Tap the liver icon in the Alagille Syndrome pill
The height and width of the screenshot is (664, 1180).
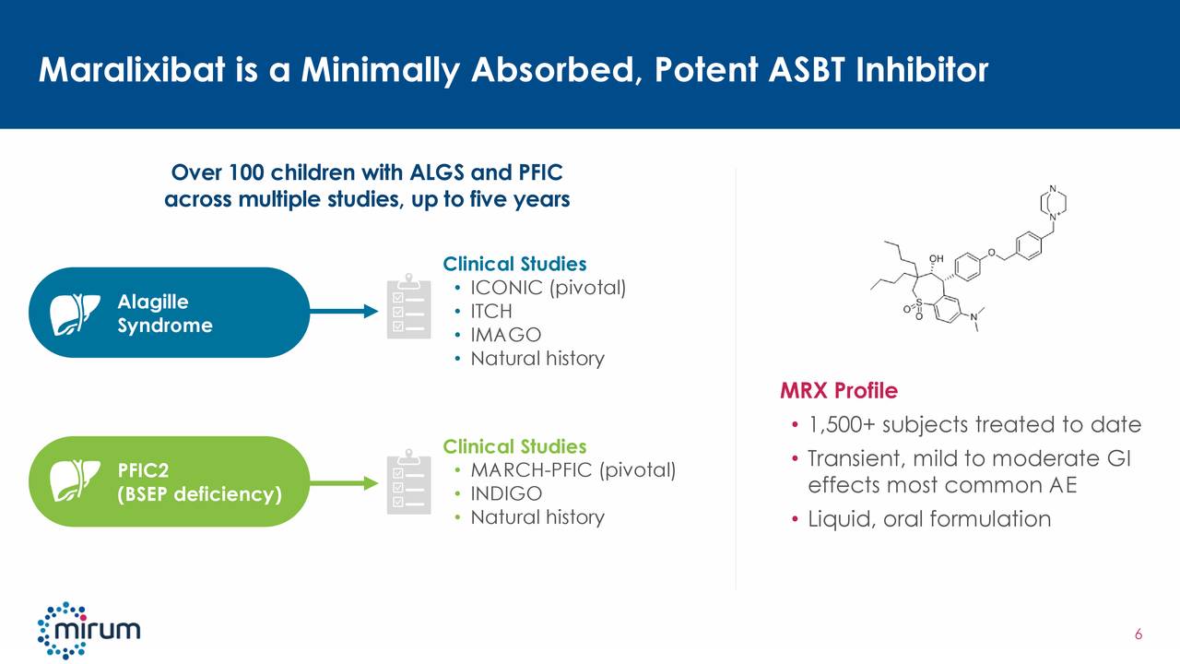point(75,312)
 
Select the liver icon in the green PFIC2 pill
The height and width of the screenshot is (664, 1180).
point(75,480)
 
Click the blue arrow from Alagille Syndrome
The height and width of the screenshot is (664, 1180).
point(341,312)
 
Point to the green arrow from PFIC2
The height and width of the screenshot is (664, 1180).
point(341,482)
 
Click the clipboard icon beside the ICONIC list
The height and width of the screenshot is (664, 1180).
point(407,307)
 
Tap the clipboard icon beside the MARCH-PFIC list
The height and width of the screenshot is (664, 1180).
point(407,480)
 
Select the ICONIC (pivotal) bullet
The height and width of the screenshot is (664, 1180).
point(548,288)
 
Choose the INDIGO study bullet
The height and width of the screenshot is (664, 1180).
point(506,494)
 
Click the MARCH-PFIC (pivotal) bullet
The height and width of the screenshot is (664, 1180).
point(572,471)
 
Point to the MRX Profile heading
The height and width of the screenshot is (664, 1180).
point(838,391)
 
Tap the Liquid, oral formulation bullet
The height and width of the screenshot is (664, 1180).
point(928,519)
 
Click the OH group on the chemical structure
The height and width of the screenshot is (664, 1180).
point(937,258)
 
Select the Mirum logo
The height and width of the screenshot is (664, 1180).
point(88,631)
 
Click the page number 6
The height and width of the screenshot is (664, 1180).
point(1139,634)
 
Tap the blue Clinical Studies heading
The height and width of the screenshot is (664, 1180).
point(514,264)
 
